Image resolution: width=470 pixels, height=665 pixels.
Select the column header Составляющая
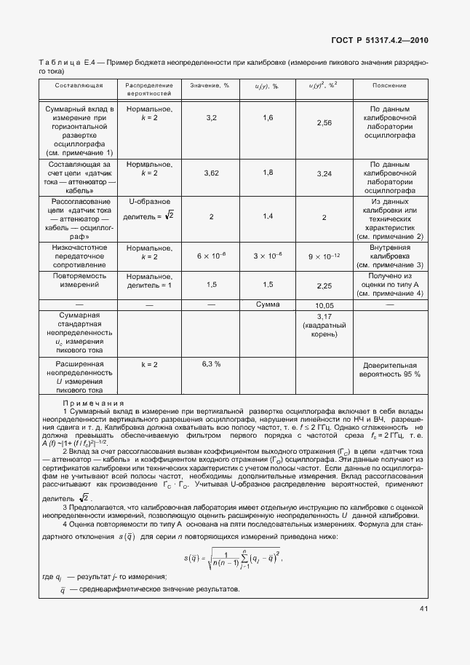click(x=79, y=85)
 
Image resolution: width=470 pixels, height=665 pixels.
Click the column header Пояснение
click(x=389, y=85)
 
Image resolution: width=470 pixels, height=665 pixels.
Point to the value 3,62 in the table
click(x=212, y=173)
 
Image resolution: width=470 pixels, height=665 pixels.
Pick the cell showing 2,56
click(x=324, y=123)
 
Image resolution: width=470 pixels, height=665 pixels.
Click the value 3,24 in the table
click(x=324, y=174)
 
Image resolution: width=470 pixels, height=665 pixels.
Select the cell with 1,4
click(x=268, y=216)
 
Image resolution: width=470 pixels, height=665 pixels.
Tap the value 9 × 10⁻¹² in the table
click(x=324, y=256)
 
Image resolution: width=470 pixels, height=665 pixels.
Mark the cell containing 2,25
click(x=324, y=286)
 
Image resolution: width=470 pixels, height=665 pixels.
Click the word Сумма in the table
click(x=268, y=304)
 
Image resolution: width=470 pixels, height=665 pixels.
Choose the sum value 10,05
click(x=324, y=305)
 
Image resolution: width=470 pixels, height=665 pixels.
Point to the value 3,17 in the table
click(x=324, y=316)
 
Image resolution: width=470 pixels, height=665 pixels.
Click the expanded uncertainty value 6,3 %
click(x=212, y=363)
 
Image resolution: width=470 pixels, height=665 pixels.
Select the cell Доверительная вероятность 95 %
click(x=389, y=368)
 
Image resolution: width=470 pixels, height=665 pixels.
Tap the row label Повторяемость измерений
click(x=79, y=281)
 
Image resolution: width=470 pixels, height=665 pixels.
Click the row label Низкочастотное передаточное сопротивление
click(x=79, y=256)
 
